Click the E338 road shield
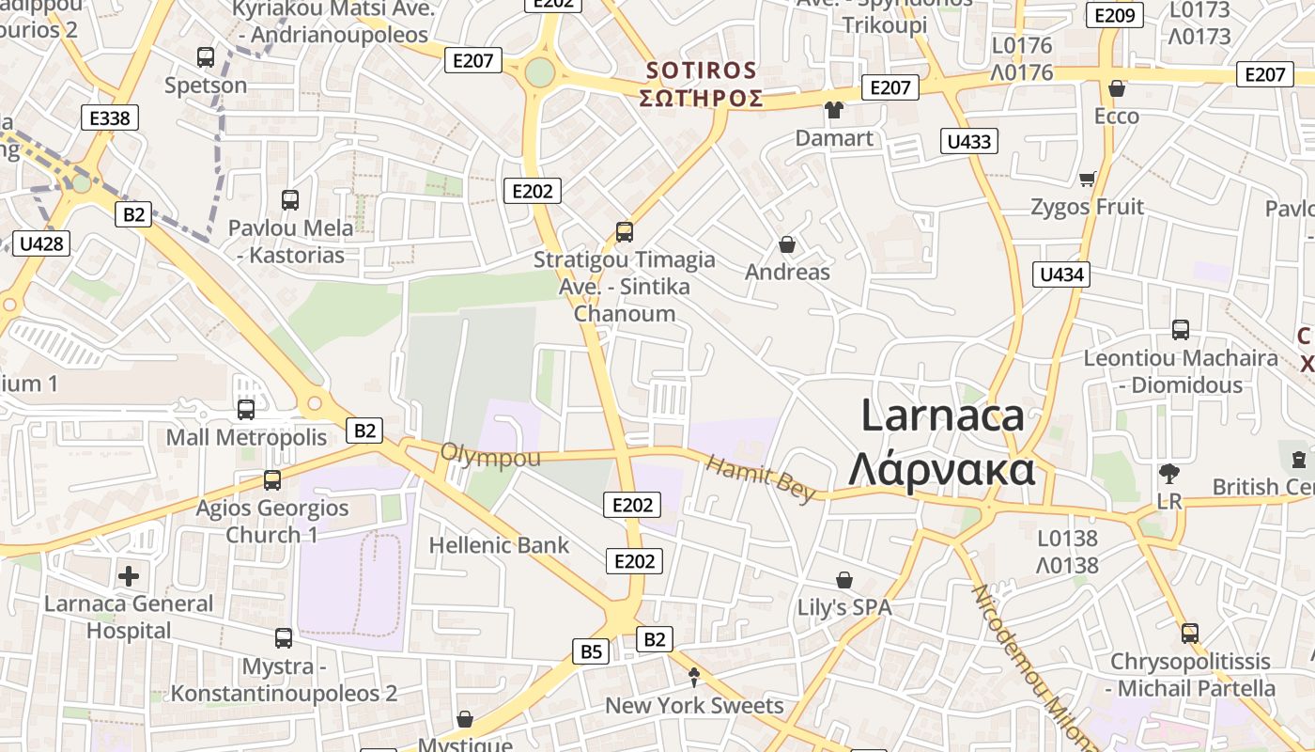point(110,117)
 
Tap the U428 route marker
point(41,244)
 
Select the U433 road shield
point(969,142)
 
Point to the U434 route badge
point(1062,274)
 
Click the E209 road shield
point(1115,15)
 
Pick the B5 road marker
point(591,651)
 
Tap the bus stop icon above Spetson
point(206,57)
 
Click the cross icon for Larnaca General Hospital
point(129,575)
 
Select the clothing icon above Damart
point(833,110)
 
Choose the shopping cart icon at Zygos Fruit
point(1088,179)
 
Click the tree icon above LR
point(1169,473)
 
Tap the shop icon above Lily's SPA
point(844,580)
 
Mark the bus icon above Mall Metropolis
point(246,410)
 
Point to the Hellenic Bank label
point(499,545)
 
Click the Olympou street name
point(490,458)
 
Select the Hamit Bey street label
point(760,479)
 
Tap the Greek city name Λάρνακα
point(941,470)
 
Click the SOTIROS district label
point(702,70)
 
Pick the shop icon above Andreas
point(787,244)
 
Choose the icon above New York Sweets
point(694,677)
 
